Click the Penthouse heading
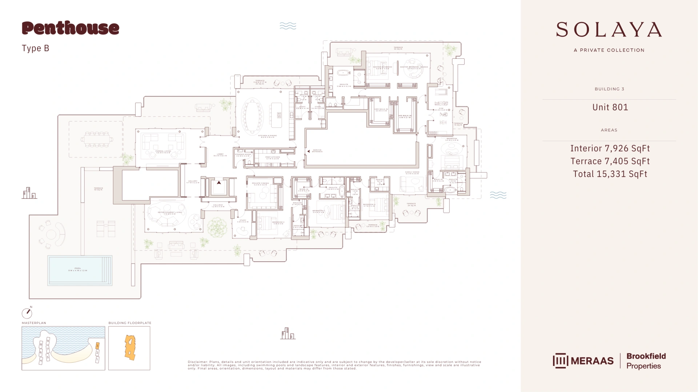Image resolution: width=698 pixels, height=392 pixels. tap(71, 28)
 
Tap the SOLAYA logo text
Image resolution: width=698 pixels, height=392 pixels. tap(609, 30)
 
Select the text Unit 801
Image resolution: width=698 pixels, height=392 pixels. tap(610, 107)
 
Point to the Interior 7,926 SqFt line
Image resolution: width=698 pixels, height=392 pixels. tap(610, 148)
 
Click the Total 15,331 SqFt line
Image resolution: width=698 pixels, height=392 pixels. tap(610, 174)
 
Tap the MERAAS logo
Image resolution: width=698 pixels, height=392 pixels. tap(583, 361)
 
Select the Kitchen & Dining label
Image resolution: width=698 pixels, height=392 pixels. tap(268, 136)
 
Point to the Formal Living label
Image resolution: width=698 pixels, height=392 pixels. tap(163, 152)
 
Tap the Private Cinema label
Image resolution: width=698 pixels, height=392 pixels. tap(260, 184)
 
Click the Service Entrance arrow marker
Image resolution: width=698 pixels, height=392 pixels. tap(309, 151)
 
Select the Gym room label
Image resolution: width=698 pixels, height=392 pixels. tap(441, 109)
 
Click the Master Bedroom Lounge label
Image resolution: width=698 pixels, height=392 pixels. tap(414, 68)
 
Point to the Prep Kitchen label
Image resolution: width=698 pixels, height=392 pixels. tap(273, 158)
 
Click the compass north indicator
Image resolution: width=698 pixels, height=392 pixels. tap(27, 313)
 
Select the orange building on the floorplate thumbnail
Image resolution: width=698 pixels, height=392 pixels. tap(130, 347)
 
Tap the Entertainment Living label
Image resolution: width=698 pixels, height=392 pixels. tap(170, 213)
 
